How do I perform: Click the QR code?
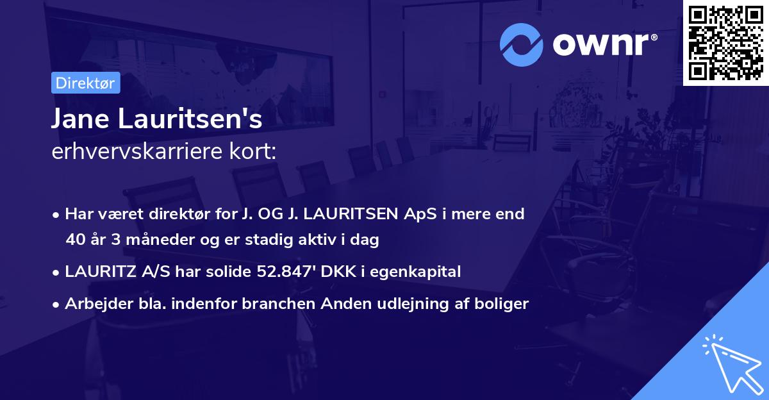click(x=726, y=43)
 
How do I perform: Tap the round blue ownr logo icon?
click(x=522, y=45)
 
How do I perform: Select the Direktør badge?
click(x=85, y=83)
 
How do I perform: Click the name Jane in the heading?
click(x=81, y=119)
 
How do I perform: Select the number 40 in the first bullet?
click(x=75, y=240)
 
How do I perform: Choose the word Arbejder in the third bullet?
click(x=94, y=303)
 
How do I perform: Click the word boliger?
click(x=505, y=303)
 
